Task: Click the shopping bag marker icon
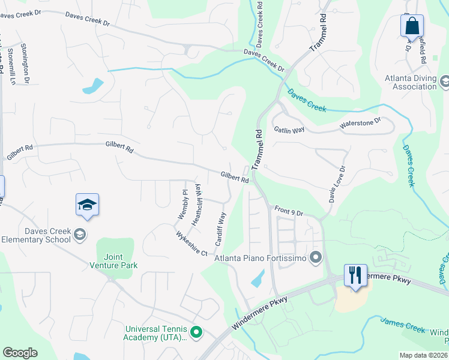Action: click(412, 26)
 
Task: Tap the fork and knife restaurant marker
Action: click(355, 275)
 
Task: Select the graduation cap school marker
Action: click(87, 205)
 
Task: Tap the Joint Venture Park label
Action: click(113, 261)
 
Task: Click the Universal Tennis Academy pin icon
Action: click(196, 332)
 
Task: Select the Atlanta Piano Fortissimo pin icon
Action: click(316, 259)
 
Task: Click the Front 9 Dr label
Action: click(290, 211)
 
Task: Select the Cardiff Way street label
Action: click(220, 226)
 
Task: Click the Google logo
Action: click(20, 353)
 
